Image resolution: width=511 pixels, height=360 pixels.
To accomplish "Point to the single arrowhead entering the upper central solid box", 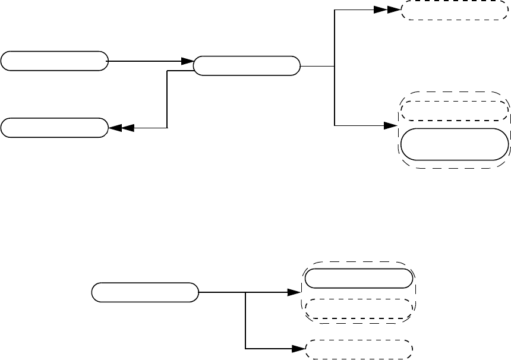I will point(188,61).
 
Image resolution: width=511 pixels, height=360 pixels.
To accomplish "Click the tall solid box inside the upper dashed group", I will point(455,144).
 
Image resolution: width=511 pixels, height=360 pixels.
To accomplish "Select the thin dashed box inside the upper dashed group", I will point(455,110).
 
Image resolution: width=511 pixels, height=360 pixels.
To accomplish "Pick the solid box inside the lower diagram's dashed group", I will point(358,278).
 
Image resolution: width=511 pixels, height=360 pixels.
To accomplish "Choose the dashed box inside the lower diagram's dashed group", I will point(358,309).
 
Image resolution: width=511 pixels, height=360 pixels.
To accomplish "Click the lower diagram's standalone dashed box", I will point(358,349).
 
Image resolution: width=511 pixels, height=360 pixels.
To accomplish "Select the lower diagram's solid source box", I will point(145,292).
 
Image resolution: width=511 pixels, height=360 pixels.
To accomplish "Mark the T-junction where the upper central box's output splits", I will point(335,66).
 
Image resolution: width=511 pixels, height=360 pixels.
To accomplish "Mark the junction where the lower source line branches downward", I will point(245,292).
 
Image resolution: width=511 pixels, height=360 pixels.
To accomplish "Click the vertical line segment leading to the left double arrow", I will point(168,100).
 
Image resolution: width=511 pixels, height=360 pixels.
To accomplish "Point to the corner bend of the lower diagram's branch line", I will point(245,348).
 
